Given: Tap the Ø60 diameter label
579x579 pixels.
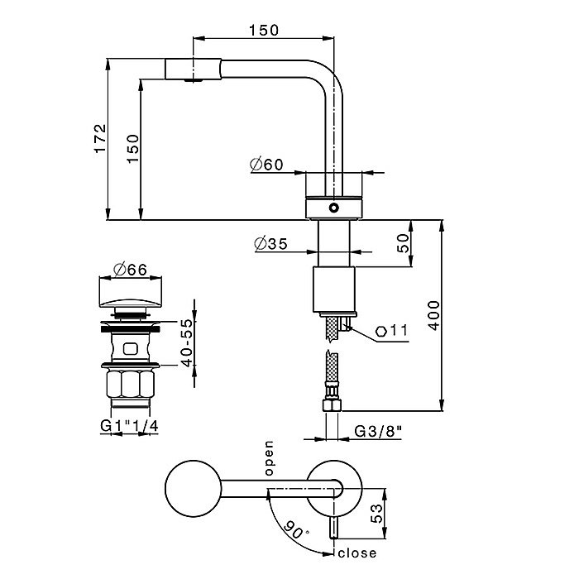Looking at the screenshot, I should [x=266, y=165].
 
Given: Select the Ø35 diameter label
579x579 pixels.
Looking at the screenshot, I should [x=266, y=244].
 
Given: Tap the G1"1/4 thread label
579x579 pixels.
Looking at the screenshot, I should [x=128, y=427].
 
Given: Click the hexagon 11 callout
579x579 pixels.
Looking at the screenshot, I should [x=391, y=331].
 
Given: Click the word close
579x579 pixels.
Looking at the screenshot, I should [x=357, y=553].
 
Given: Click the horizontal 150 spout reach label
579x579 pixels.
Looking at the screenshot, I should [x=263, y=30].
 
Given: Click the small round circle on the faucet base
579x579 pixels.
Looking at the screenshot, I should [x=333, y=208].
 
